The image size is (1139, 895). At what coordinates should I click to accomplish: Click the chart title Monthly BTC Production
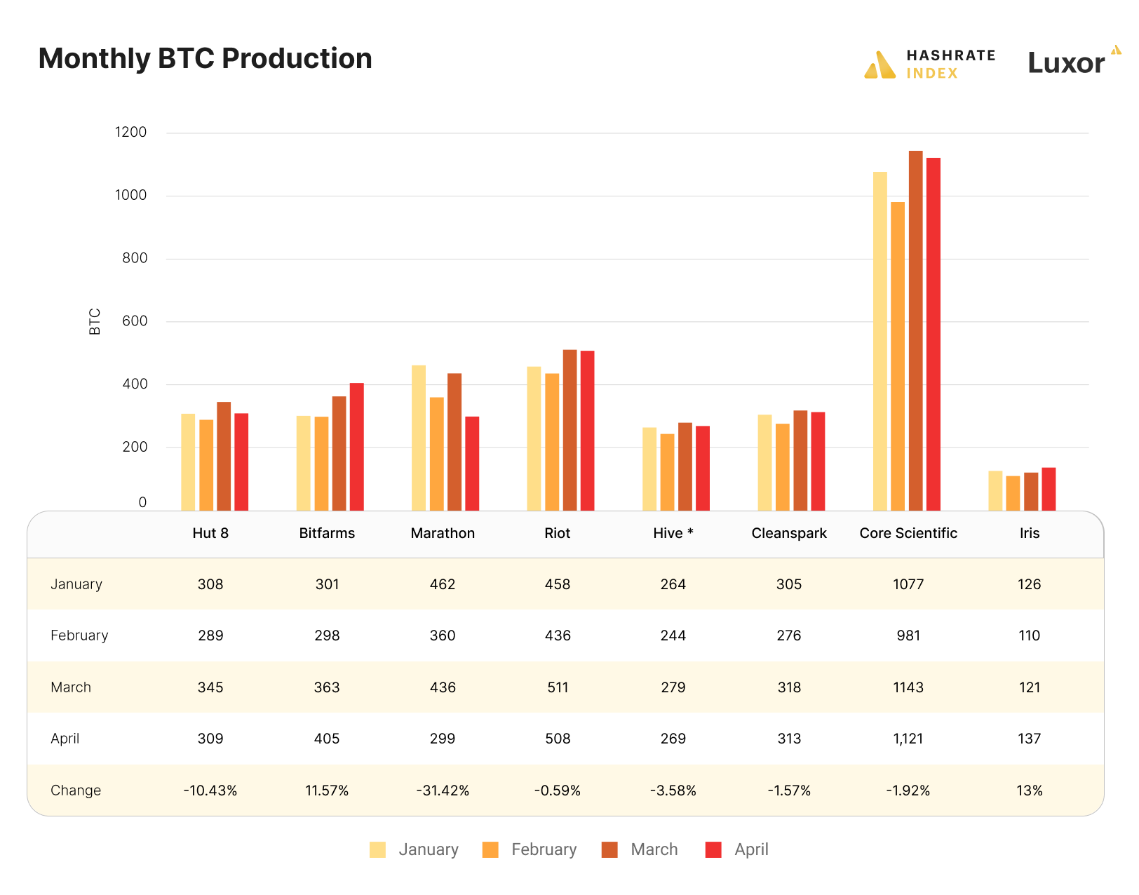(x=205, y=59)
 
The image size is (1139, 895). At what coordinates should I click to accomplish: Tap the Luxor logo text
(x=1066, y=64)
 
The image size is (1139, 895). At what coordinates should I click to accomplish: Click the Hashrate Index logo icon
(x=880, y=65)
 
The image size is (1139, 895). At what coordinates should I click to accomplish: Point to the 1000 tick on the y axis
(x=131, y=196)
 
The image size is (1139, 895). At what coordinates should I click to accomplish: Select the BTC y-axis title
(x=95, y=322)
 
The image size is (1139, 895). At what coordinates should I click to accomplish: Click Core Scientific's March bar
(x=915, y=330)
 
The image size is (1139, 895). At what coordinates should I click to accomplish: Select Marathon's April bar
(x=472, y=463)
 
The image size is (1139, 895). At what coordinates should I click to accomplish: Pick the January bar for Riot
(x=534, y=438)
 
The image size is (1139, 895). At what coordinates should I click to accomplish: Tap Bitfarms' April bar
(x=357, y=446)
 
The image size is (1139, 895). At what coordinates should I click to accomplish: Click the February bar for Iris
(x=1013, y=493)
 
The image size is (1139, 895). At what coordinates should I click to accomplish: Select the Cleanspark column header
(x=789, y=533)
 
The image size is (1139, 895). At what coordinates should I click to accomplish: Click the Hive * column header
(x=673, y=533)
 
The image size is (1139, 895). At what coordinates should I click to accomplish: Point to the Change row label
(x=76, y=790)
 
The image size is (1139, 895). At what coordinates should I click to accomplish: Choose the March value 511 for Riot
(x=558, y=687)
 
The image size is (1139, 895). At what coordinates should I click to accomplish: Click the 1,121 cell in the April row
(x=908, y=739)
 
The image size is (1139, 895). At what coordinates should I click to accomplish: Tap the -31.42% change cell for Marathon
(x=443, y=790)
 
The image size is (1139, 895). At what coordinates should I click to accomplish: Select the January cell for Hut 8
(x=210, y=584)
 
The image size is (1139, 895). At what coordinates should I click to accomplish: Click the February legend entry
(x=530, y=849)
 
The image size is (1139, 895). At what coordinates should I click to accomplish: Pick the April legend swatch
(x=713, y=849)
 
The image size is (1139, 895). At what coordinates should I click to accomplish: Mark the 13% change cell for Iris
(x=1029, y=790)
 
